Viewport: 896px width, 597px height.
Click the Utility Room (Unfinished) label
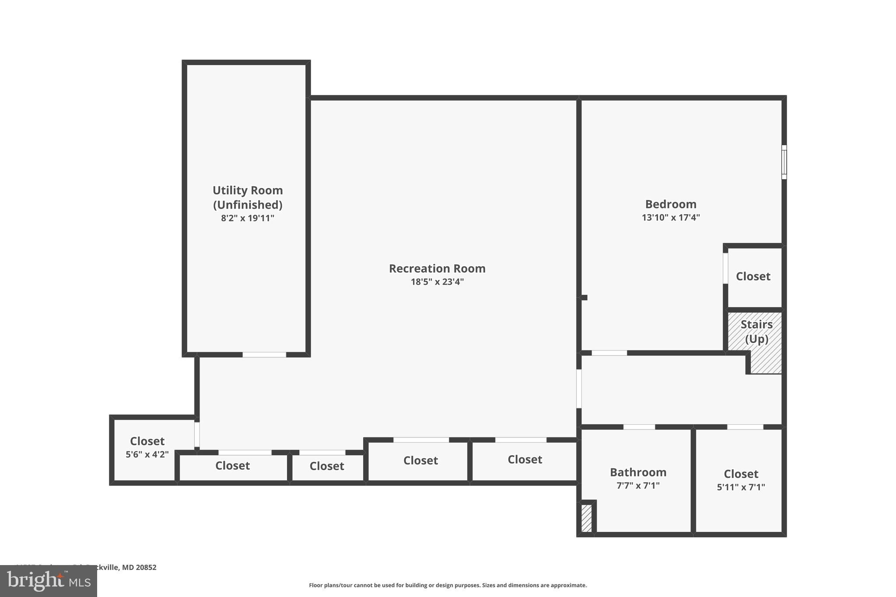pos(248,197)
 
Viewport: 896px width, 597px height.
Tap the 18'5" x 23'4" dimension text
pos(437,282)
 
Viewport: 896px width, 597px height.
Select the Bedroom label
pos(671,204)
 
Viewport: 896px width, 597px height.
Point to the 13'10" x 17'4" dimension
pos(671,217)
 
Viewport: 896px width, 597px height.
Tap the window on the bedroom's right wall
pos(784,162)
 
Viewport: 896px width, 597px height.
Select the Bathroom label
pos(638,472)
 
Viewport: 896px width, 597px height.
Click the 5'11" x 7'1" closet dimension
pos(741,487)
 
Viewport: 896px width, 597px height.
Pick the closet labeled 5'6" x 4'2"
pos(147,447)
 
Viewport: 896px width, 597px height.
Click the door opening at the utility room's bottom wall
pos(264,355)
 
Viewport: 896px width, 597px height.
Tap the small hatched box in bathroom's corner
pos(586,518)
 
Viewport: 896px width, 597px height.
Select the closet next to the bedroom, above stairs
pos(753,276)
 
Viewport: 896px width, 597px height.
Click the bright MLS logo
pos(48,581)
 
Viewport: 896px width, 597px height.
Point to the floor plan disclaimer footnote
pos(448,585)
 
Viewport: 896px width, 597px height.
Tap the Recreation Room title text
pos(437,269)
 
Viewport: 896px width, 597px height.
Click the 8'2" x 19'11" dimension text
pos(248,218)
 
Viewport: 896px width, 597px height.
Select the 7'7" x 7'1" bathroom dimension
pos(638,485)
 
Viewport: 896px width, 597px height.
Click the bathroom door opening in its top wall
pos(639,427)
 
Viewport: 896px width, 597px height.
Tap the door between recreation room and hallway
pos(579,389)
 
